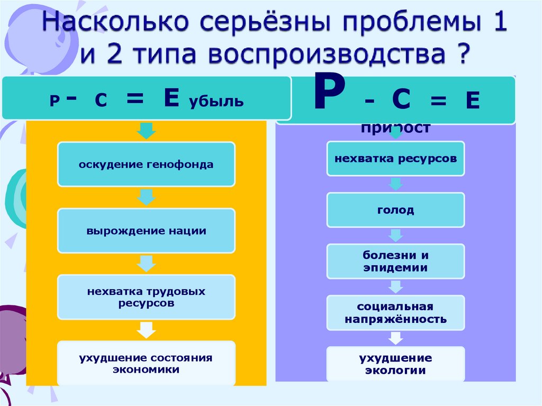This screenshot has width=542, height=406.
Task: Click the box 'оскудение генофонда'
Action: pyautogui.click(x=146, y=164)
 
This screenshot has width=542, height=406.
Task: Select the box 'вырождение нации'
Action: pyautogui.click(x=146, y=231)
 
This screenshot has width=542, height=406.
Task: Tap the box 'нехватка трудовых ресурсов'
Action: pyautogui.click(x=146, y=297)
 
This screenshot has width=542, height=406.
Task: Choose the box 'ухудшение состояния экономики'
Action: pyautogui.click(x=146, y=363)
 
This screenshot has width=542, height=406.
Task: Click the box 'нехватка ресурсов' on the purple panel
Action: pyautogui.click(x=395, y=158)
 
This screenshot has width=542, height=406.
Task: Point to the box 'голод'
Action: pyautogui.click(x=395, y=210)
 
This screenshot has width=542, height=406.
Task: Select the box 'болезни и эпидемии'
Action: pyautogui.click(x=395, y=261)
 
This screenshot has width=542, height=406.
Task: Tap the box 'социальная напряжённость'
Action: pyautogui.click(x=395, y=313)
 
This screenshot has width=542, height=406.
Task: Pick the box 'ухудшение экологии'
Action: pyautogui.click(x=395, y=364)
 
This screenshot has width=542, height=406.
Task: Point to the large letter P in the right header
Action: pyautogui.click(x=329, y=94)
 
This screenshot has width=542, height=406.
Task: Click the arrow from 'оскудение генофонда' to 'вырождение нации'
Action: pyautogui.click(x=146, y=197)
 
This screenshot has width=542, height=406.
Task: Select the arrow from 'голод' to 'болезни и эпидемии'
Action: pyautogui.click(x=395, y=236)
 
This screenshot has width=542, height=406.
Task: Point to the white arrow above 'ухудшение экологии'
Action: pyautogui.click(x=395, y=338)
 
